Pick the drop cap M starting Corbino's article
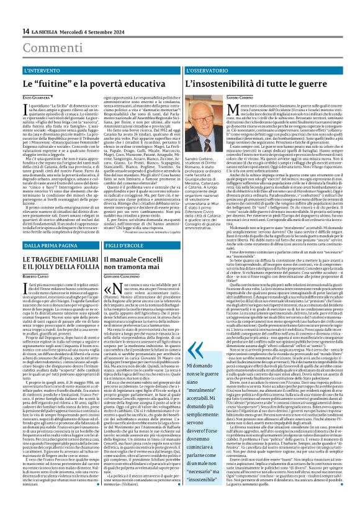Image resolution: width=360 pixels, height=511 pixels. pyautogui.click(x=221, y=109)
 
